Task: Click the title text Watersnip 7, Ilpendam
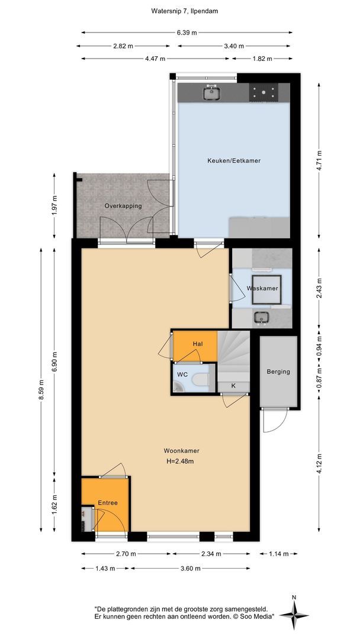pyautogui.click(x=179, y=10)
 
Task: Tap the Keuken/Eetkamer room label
pyautogui.click(x=233, y=160)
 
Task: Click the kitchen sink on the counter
pyautogui.click(x=210, y=92)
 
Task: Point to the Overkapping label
pyautogui.click(x=123, y=206)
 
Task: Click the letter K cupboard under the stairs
pyautogui.click(x=233, y=386)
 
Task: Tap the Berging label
pyautogui.click(x=278, y=372)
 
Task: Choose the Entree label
pyautogui.click(x=107, y=503)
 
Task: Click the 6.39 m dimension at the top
pyautogui.click(x=187, y=32)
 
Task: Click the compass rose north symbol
pyautogui.click(x=294, y=613)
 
